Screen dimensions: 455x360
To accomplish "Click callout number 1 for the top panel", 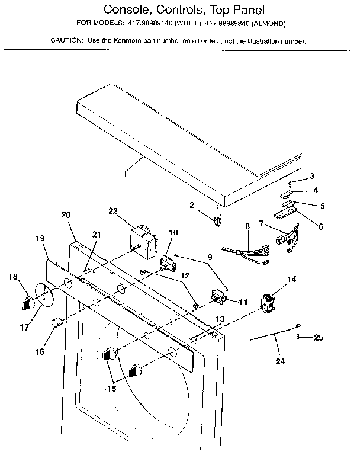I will (x=124, y=174).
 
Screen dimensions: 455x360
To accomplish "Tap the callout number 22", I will (x=113, y=210).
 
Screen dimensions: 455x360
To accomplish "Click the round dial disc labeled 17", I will (x=42, y=297).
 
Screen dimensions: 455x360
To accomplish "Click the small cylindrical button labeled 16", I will (x=56, y=323).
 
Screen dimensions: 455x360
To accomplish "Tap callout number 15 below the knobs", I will (x=111, y=390).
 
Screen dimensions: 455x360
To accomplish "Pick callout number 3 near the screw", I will (x=312, y=176).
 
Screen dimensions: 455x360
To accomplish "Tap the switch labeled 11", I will (x=219, y=296).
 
